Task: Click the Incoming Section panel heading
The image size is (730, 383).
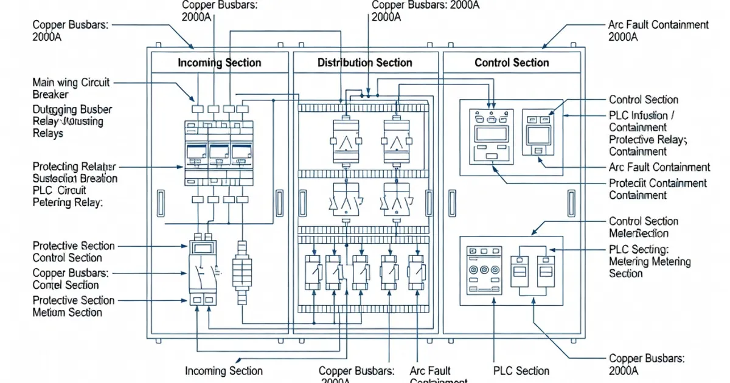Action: pyautogui.click(x=219, y=63)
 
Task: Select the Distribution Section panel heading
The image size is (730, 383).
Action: pyautogui.click(x=365, y=63)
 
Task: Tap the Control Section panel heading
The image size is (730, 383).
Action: pyautogui.click(x=512, y=63)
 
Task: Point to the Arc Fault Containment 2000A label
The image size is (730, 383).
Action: pyautogui.click(x=658, y=30)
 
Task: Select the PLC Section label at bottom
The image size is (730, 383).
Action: pyautogui.click(x=521, y=370)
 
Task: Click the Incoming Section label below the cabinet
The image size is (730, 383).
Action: pyautogui.click(x=223, y=370)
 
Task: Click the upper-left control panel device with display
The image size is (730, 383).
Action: pyautogui.click(x=491, y=135)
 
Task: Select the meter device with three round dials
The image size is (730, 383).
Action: pyautogui.click(x=484, y=270)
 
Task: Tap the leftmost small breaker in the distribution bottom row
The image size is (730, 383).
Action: pyautogui.click(x=312, y=271)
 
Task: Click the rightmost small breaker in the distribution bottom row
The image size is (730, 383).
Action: pyautogui.click(x=416, y=271)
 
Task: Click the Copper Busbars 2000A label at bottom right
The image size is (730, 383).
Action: pyautogui.click(x=646, y=364)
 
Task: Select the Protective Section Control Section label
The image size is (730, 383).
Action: pyautogui.click(x=73, y=252)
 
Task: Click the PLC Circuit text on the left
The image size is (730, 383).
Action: pyautogui.click(x=59, y=191)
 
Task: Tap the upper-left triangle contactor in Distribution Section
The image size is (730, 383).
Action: pyautogui.click(x=346, y=141)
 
